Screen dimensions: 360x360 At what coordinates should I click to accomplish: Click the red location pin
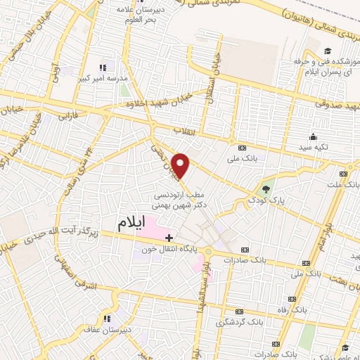click(181, 165)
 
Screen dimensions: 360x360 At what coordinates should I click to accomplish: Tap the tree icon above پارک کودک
click(266, 188)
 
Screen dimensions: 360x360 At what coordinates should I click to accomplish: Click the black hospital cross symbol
click(169, 240)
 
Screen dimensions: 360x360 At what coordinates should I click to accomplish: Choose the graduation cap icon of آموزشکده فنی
click(328, 51)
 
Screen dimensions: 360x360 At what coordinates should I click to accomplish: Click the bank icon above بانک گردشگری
click(238, 311)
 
